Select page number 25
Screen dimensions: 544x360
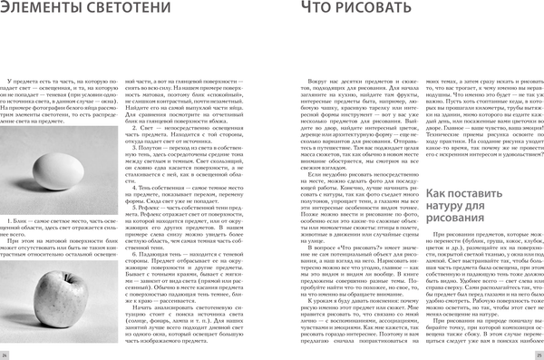click(x=537, y=352)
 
